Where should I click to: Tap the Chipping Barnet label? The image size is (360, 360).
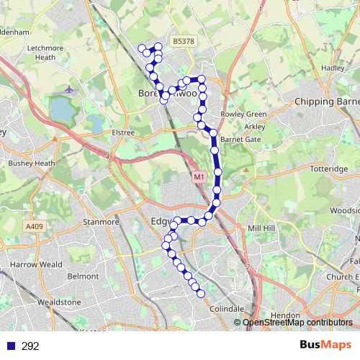[327, 102]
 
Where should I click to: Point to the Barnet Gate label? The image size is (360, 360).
[240, 139]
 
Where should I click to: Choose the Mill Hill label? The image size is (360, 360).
[261, 228]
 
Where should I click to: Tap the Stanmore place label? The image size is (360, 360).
[101, 222]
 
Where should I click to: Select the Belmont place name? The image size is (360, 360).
[82, 276]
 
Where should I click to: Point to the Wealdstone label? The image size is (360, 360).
[59, 302]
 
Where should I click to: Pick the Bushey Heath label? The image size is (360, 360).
[31, 163]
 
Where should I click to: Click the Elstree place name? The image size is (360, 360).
[122, 132]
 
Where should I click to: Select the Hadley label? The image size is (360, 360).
[333, 68]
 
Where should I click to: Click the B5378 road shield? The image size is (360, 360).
[184, 42]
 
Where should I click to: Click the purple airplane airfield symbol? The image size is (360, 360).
[69, 91]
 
